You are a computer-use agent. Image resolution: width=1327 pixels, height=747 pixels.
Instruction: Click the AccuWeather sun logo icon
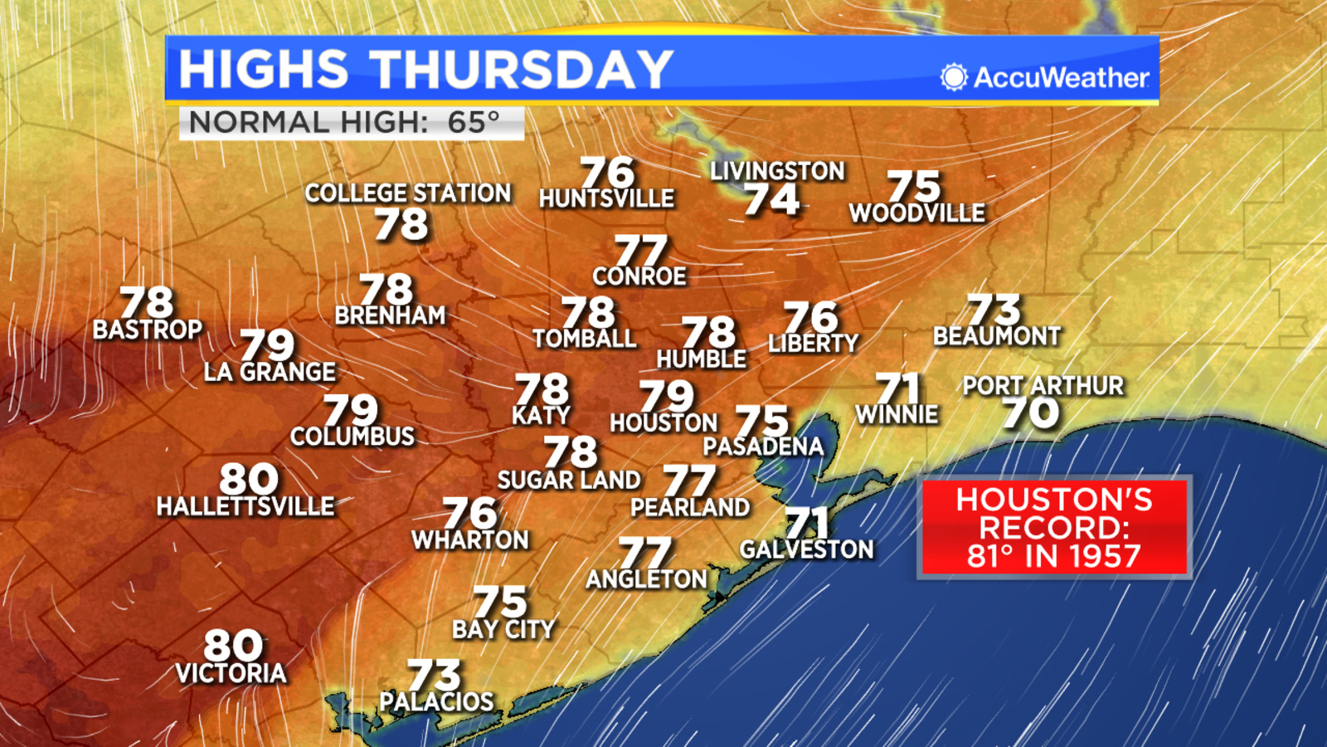954,77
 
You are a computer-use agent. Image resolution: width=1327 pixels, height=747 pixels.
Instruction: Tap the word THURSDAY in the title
521,69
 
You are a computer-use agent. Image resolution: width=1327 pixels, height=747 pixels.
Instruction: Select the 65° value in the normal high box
474,123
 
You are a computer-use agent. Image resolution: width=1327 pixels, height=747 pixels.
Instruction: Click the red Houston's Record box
1054,528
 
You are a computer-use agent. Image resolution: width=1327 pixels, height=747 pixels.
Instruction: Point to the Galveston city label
807,549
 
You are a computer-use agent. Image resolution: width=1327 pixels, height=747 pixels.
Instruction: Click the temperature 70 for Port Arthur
1030,413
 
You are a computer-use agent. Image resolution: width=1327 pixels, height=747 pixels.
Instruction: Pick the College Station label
408,193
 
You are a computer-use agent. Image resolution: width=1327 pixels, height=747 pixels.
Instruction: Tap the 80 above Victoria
233,645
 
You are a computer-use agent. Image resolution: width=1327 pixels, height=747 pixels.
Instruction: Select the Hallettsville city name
245,506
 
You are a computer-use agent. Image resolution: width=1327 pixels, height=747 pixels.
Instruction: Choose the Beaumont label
997,336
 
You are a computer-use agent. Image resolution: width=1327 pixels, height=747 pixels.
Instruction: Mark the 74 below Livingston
771,200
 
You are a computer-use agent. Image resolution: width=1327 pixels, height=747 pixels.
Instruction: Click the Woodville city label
917,213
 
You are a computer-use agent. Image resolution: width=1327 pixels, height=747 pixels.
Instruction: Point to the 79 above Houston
666,396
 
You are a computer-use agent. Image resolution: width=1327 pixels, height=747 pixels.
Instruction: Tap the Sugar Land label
569,480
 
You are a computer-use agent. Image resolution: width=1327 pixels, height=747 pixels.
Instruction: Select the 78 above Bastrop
147,302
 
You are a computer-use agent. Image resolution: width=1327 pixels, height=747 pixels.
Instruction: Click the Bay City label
503,630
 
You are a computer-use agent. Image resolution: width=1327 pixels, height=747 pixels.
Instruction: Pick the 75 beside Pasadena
761,421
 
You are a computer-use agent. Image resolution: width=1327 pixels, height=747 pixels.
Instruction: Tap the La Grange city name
270,372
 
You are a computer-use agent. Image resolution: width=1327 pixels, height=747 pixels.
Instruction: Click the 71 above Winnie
898,388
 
